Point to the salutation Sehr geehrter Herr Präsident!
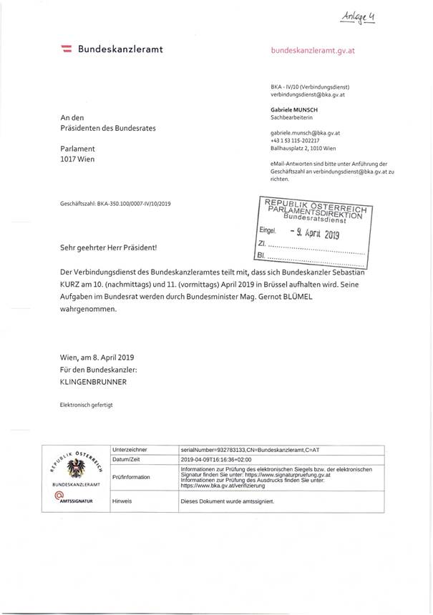[108, 247]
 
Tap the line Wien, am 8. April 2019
[102, 358]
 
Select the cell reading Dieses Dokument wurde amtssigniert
[228, 501]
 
